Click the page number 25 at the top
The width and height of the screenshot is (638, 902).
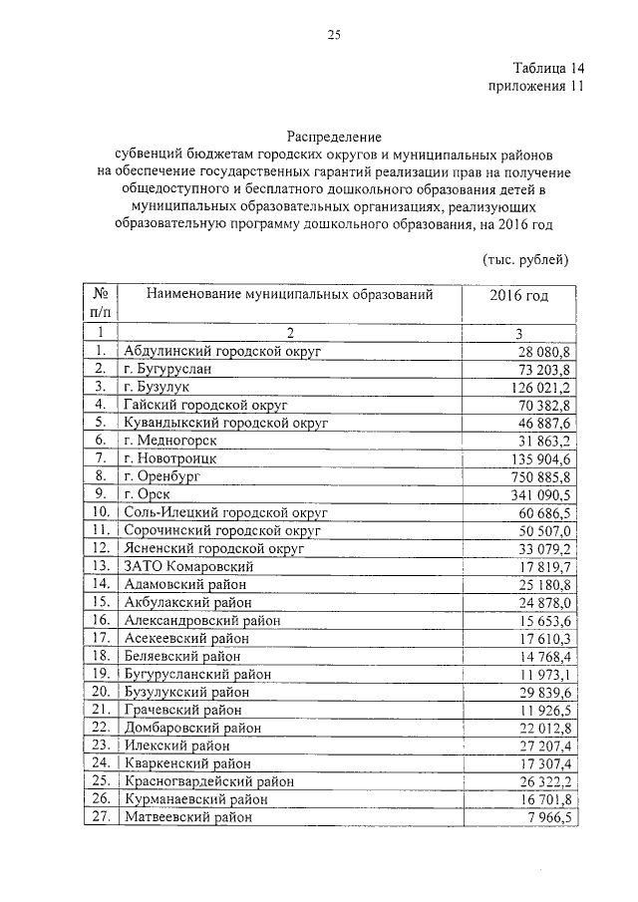334,36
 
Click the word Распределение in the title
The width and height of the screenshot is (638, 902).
334,134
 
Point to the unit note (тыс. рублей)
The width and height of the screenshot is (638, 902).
525,260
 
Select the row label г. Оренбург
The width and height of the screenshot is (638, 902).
161,476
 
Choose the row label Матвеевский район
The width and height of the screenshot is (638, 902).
186,816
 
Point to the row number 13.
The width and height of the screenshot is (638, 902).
100,566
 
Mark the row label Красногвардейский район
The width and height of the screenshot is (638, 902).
208,780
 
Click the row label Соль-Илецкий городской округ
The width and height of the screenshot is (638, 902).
225,512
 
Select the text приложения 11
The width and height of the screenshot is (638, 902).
534,87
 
